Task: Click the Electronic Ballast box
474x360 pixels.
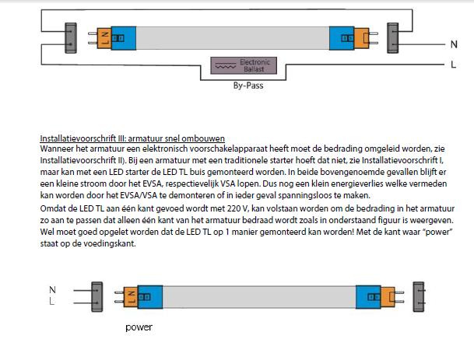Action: tap(244, 65)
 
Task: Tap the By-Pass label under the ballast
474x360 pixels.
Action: tap(248, 86)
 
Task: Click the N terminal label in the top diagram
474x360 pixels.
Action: tap(454, 44)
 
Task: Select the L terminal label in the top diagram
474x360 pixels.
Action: tap(453, 65)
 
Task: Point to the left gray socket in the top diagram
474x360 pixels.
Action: tap(71, 38)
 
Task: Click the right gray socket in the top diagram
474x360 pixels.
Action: tap(393, 38)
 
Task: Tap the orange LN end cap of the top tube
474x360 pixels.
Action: tap(104, 38)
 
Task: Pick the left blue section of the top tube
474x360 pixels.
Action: tap(124, 38)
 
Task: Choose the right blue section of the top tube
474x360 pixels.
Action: tap(342, 38)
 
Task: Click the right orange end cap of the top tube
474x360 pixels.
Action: tap(362, 38)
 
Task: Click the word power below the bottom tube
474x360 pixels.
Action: tap(139, 327)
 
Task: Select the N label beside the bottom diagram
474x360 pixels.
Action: tap(52, 289)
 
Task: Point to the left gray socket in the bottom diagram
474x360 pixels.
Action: tap(97, 296)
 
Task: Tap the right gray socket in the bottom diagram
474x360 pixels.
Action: tap(419, 296)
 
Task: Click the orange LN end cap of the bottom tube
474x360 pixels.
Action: tap(131, 297)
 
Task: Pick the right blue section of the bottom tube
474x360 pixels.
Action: tap(368, 297)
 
